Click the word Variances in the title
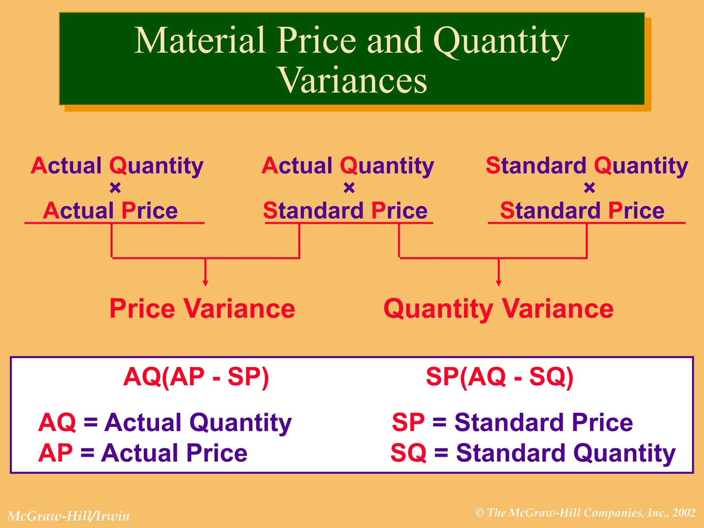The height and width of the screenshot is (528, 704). click(x=353, y=80)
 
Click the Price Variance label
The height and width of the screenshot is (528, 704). click(x=202, y=309)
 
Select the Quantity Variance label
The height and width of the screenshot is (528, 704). click(x=498, y=309)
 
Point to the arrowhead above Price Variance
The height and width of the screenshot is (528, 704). click(x=205, y=283)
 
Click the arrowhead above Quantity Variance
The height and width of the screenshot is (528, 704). click(x=498, y=283)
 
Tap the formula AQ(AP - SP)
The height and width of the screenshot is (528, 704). click(x=196, y=377)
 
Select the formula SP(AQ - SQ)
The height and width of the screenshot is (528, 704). click(x=499, y=377)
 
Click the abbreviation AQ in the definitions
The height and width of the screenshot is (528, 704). click(x=57, y=422)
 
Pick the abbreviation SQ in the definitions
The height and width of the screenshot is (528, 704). click(x=408, y=453)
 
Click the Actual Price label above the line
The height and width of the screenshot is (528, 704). click(x=110, y=210)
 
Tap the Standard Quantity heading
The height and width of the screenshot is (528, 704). click(x=587, y=166)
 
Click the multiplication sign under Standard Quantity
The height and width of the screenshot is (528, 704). click(x=589, y=188)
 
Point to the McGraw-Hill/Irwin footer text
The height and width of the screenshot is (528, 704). click(x=68, y=516)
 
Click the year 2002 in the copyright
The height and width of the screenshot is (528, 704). click(x=684, y=513)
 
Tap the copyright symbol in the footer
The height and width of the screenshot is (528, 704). click(x=480, y=513)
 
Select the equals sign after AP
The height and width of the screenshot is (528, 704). click(x=87, y=453)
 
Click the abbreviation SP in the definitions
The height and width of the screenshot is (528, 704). click(x=408, y=422)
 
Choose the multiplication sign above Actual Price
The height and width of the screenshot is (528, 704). click(x=115, y=188)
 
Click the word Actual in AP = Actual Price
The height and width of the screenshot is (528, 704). click(x=140, y=453)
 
